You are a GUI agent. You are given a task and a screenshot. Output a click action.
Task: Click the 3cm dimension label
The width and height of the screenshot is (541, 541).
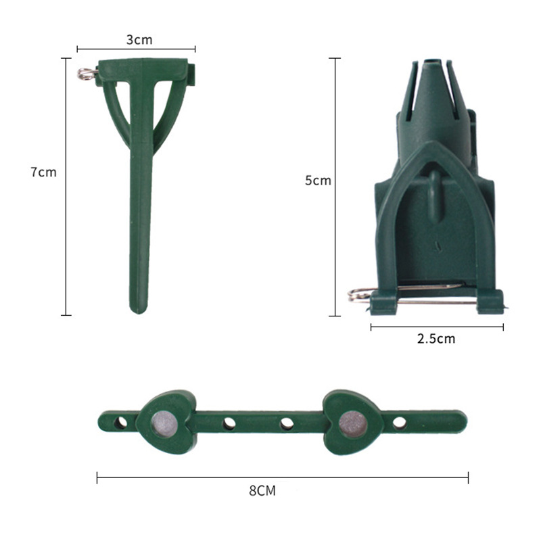click(139, 40)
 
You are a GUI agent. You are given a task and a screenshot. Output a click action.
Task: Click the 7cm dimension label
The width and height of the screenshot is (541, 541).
click(43, 172)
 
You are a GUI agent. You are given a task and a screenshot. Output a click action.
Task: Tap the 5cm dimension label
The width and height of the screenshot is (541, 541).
click(318, 181)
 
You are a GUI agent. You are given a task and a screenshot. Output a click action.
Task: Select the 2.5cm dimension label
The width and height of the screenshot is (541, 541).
click(436, 339)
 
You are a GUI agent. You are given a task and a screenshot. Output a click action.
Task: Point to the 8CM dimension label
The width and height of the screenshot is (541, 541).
click(262, 491)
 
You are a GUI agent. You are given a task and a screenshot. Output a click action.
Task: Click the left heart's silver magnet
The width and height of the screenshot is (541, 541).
click(164, 423)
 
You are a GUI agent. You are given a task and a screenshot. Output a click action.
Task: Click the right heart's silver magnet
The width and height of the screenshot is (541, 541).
click(353, 423)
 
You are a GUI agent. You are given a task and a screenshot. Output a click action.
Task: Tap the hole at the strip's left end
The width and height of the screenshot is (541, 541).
click(120, 423)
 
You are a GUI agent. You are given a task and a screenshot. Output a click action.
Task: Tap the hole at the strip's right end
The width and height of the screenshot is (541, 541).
click(400, 423)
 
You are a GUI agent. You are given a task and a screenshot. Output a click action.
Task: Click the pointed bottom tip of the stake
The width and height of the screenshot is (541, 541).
click(139, 310)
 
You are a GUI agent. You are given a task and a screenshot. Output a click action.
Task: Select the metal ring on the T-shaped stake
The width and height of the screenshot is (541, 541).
click(86, 73)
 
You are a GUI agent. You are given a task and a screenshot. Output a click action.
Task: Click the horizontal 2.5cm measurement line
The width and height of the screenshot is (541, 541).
click(436, 327)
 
